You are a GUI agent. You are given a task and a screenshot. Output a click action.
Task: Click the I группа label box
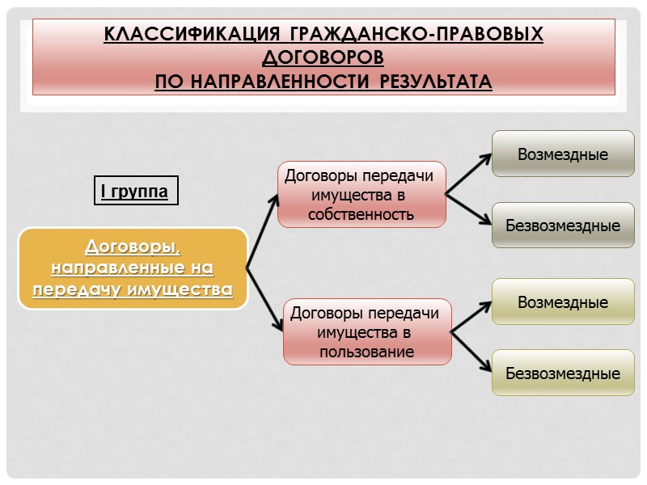(x=135, y=192)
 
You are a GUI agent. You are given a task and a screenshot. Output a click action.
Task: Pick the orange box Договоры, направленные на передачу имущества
(x=133, y=268)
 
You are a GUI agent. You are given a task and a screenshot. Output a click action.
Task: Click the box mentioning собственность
(x=361, y=195)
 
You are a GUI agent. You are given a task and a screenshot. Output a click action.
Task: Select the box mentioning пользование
(x=367, y=331)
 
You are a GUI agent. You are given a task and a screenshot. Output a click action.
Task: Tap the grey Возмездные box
(x=563, y=154)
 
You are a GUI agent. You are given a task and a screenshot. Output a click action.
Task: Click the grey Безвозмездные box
(x=563, y=225)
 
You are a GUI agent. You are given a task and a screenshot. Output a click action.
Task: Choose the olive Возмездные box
(x=563, y=302)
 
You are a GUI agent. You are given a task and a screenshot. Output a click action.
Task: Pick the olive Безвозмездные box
(x=563, y=373)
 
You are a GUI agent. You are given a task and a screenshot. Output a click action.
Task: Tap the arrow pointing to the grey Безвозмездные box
(x=469, y=209)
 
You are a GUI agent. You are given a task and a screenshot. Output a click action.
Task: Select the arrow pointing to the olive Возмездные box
(x=472, y=317)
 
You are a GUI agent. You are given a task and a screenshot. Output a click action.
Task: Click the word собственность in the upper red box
(x=361, y=214)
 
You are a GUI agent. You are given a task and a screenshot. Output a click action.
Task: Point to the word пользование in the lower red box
(x=367, y=352)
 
